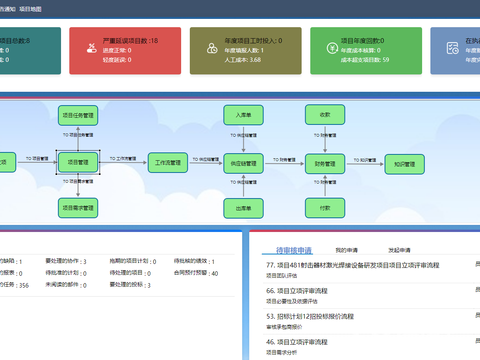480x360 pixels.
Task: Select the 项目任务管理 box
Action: (x=76, y=113)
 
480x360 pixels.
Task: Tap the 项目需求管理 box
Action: (x=76, y=207)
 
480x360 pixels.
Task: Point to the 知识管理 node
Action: (x=405, y=160)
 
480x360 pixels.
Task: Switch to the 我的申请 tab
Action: (x=346, y=249)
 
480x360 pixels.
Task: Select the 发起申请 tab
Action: (x=400, y=249)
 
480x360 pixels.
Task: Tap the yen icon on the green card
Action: (x=331, y=48)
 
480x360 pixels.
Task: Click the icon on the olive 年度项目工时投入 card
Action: (x=210, y=48)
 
